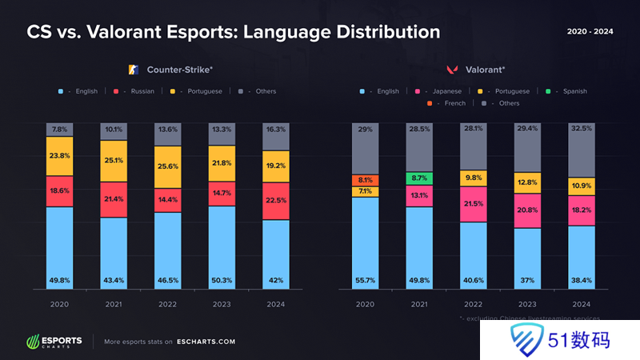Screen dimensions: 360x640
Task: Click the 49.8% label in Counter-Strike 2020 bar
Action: [59, 281]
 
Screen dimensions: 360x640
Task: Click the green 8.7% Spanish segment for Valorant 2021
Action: [419, 178]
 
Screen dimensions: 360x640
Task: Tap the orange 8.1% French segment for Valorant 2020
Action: [366, 180]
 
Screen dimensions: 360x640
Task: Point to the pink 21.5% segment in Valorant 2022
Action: [474, 205]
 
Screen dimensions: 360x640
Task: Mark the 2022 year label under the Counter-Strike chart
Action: [167, 304]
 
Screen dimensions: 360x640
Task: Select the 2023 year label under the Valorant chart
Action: [527, 304]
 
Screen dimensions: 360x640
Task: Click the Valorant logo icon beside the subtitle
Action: [452, 70]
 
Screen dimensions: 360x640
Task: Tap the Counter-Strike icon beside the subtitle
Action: [134, 70]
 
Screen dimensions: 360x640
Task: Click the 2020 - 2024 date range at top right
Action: [590, 31]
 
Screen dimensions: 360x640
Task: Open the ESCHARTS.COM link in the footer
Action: [203, 342]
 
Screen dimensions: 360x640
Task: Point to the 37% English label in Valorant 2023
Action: [527, 281]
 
